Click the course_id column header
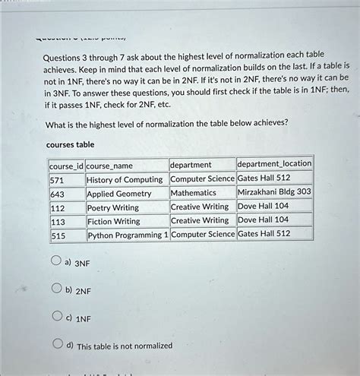click(x=65, y=165)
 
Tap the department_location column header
click(x=274, y=164)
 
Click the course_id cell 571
click(x=58, y=179)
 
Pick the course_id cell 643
click(x=58, y=194)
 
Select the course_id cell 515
click(x=58, y=235)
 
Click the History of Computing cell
click(x=125, y=179)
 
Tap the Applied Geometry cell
click(x=119, y=194)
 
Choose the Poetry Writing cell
click(x=113, y=207)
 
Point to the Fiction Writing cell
click(x=114, y=221)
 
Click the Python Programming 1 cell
click(x=128, y=235)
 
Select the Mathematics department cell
click(x=194, y=193)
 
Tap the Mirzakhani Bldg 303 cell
click(x=274, y=192)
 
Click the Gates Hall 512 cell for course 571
click(x=264, y=179)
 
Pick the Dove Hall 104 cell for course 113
click(x=264, y=220)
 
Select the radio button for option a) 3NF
click(x=55, y=262)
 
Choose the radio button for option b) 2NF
click(x=55, y=289)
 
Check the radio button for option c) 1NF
click(x=55, y=317)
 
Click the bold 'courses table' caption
click(x=70, y=144)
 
